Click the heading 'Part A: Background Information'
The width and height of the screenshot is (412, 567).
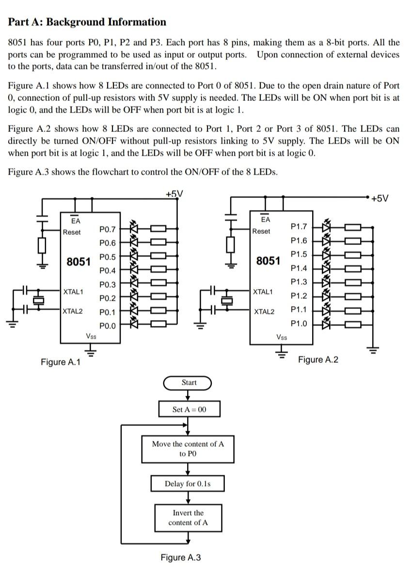(x=87, y=22)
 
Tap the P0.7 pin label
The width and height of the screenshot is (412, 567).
(x=108, y=228)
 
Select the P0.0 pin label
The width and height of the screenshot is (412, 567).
(x=108, y=325)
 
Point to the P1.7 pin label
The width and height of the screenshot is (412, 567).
(x=299, y=227)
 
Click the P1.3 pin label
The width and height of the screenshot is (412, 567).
(x=299, y=282)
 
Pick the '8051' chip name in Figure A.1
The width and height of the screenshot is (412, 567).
(x=79, y=262)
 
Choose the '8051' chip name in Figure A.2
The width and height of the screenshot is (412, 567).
(x=268, y=261)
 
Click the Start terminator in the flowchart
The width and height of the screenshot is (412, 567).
(x=189, y=383)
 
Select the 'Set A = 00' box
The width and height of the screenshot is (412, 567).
(x=189, y=409)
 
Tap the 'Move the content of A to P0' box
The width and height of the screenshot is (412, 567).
(x=188, y=449)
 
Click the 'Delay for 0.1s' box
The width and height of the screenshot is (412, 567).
(x=188, y=484)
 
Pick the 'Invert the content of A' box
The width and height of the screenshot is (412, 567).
(x=188, y=518)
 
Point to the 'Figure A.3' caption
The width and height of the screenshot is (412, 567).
(x=180, y=557)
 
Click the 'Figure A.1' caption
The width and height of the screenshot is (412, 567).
(x=61, y=362)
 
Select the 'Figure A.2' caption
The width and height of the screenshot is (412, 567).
(x=318, y=359)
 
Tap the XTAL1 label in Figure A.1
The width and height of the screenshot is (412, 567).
(x=73, y=292)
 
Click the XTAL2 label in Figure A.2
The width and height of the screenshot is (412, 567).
(x=264, y=311)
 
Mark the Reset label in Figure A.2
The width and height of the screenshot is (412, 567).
(x=261, y=231)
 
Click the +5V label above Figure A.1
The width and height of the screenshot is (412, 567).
(x=174, y=194)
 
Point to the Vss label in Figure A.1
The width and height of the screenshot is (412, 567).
(x=91, y=336)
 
